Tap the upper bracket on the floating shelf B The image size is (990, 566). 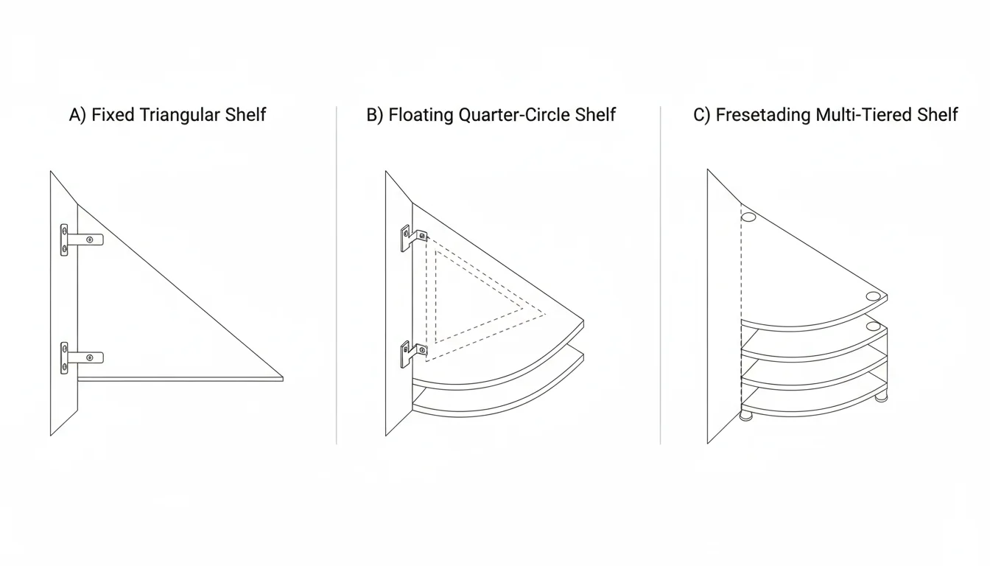click(x=412, y=237)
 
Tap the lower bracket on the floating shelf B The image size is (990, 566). click(x=412, y=353)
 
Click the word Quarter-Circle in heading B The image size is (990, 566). click(x=516, y=115)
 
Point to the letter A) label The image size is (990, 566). click(x=77, y=115)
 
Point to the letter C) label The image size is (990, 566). click(x=702, y=115)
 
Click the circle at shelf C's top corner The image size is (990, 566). click(x=748, y=217)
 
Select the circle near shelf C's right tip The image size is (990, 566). click(x=874, y=296)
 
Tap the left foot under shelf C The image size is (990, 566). click(x=746, y=416)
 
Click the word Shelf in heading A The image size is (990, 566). click(x=248, y=115)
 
